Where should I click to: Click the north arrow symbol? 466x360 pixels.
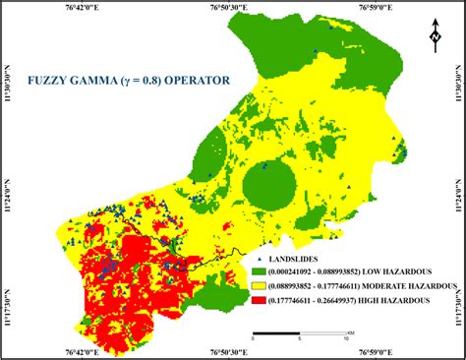click(434, 37)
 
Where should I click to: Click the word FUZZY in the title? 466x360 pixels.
click(48, 80)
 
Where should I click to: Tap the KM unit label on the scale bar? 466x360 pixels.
click(350, 331)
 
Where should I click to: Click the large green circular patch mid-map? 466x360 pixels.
click(267, 184)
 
